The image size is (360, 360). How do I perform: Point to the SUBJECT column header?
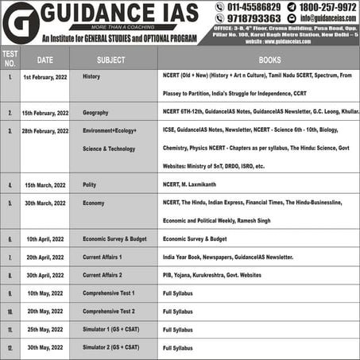pyautogui.click(x=110, y=60)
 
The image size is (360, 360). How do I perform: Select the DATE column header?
pyautogui.click(x=45, y=60)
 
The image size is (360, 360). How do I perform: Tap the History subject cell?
pyautogui.click(x=92, y=77)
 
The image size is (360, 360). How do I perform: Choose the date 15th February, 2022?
pyautogui.click(x=45, y=113)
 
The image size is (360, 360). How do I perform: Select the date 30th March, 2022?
pyautogui.click(x=45, y=203)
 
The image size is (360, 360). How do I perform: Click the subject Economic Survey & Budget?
pyautogui.click(x=115, y=238)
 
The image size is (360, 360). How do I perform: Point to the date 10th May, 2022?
pyautogui.click(x=45, y=293)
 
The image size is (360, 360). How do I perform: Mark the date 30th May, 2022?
pyautogui.click(x=45, y=347)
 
